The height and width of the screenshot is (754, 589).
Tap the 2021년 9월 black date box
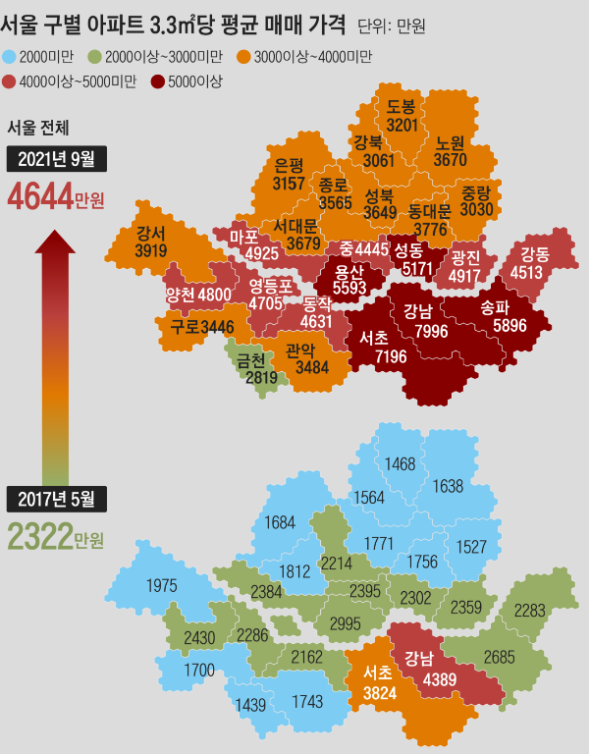click(57, 159)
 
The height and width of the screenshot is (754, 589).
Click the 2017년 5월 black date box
click(57, 499)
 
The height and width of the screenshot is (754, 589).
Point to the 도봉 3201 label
click(402, 116)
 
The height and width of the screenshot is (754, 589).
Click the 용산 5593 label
click(349, 280)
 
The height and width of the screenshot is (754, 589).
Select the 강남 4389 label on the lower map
click(425, 668)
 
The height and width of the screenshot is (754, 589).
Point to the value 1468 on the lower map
click(401, 464)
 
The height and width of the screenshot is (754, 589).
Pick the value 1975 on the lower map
click(162, 586)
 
